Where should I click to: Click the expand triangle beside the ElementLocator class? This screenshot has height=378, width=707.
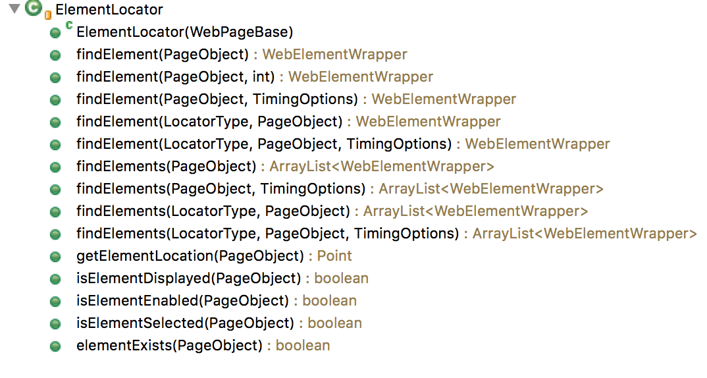(14, 10)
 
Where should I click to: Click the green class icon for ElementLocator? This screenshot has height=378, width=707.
(34, 10)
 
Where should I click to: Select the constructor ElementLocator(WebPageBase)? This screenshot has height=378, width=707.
(184, 32)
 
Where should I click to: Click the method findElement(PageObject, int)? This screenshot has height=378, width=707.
(176, 77)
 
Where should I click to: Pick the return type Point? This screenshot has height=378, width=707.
(334, 256)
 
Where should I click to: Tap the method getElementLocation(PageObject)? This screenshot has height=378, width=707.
(190, 256)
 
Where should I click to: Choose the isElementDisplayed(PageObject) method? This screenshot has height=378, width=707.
(188, 279)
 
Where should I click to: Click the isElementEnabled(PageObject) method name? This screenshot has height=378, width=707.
(182, 301)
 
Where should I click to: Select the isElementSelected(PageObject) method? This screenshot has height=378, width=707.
(185, 323)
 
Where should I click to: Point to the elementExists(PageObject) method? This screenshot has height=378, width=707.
(169, 346)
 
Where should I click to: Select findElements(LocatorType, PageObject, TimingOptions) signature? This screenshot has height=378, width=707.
(267, 234)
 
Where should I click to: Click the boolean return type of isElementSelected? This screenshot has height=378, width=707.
(334, 323)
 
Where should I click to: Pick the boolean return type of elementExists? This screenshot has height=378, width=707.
(303, 346)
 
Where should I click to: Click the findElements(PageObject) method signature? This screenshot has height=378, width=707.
(166, 167)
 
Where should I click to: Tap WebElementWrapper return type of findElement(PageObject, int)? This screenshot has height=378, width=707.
(361, 77)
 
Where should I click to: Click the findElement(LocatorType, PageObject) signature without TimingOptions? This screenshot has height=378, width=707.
(209, 122)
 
